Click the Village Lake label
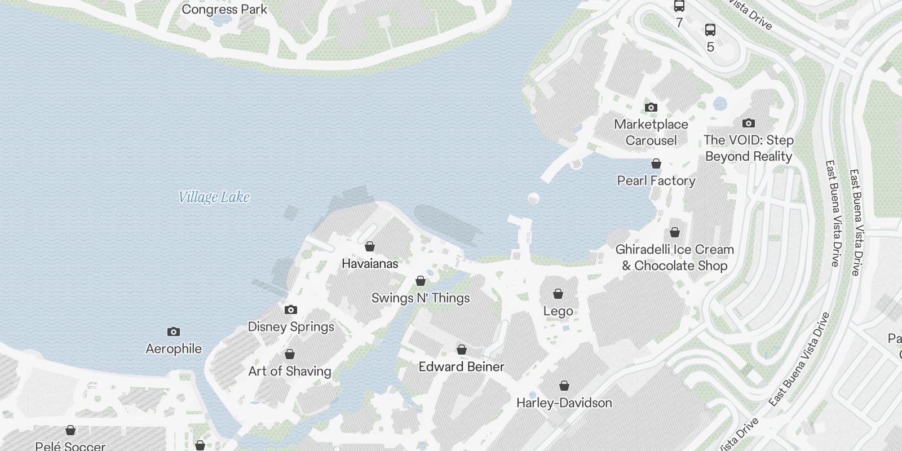(x=214, y=197)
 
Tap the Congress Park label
(x=224, y=10)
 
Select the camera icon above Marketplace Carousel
(x=651, y=107)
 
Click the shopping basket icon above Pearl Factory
(x=656, y=163)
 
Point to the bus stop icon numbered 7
(x=679, y=6)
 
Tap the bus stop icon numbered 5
(x=710, y=30)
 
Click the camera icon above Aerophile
(x=174, y=331)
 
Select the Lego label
(x=558, y=311)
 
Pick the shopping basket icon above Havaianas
(x=370, y=246)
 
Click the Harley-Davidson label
(x=564, y=403)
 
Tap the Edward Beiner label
(x=461, y=366)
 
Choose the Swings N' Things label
(x=421, y=298)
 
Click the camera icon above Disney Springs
(x=291, y=309)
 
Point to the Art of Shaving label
(x=290, y=371)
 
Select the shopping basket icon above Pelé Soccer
(x=70, y=430)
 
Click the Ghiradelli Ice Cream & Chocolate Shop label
(x=675, y=257)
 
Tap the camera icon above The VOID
(x=749, y=123)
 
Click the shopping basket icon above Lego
(x=558, y=294)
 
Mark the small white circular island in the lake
(x=533, y=198)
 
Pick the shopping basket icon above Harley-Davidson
(x=564, y=386)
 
